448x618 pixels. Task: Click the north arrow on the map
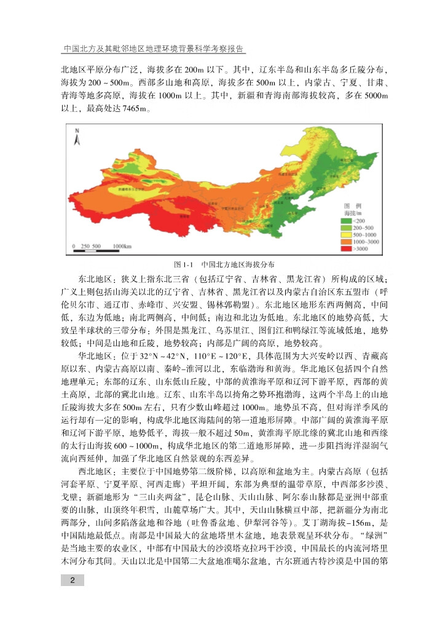coord(77,137)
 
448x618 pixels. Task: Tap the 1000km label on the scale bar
coord(122,246)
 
